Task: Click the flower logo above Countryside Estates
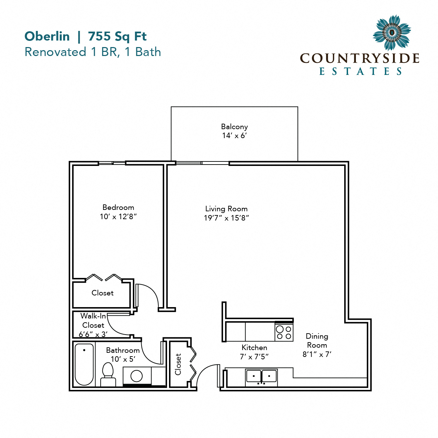point(392,33)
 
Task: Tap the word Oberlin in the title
point(47,36)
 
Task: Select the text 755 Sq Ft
point(117,36)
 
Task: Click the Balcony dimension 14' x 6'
point(234,136)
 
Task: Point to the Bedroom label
point(118,207)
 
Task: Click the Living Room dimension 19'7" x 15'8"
point(226,218)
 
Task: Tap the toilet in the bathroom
point(108,375)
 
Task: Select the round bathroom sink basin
point(136,376)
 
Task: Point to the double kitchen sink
point(261,377)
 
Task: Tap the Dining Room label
point(317,340)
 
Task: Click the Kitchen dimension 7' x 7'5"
point(254,357)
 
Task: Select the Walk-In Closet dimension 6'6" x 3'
point(93,334)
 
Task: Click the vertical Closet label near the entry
point(178,364)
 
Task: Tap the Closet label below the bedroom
point(102,293)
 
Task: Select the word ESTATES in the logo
point(360,71)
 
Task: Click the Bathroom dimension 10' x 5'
point(123,359)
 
